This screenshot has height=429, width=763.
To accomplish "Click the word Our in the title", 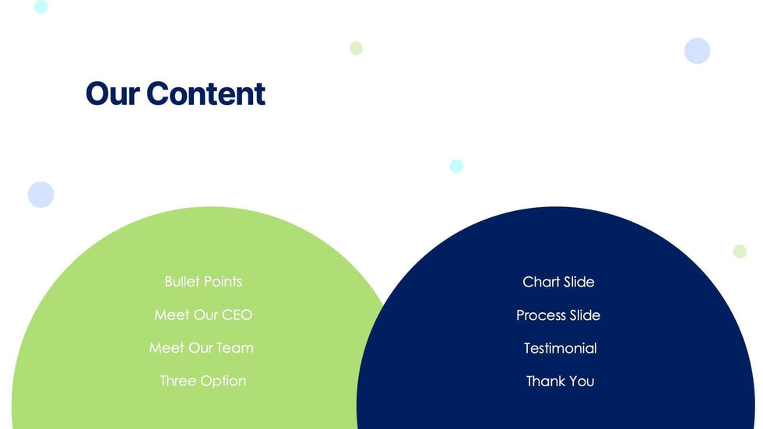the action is pos(113,93).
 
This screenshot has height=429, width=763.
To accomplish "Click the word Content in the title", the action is pos(206,93).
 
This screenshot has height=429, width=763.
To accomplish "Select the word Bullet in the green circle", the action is pos(181,282).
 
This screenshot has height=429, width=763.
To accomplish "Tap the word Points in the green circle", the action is pos(223,282).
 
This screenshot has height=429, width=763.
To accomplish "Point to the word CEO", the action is pos(237,315).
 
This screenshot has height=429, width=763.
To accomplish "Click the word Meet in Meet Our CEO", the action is pos(172,315).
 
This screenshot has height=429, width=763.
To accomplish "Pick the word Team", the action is pos(235,348).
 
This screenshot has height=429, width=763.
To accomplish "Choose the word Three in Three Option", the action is pos(178,381).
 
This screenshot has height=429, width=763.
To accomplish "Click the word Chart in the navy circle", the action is pos(540,282).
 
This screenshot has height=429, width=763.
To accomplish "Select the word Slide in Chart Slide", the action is pos(579,282).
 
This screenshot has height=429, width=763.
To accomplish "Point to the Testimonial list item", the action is pos(560,348).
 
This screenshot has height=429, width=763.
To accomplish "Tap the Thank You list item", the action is pos(560,382).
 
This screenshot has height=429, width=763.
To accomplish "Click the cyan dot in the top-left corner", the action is pos(40,7).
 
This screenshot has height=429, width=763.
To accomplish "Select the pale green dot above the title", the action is pos(357,48).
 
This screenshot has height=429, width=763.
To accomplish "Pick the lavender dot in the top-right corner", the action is pos(698,51).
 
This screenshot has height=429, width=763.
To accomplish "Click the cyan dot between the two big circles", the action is pos(456,166).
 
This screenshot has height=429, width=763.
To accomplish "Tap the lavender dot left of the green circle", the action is pos(40,195).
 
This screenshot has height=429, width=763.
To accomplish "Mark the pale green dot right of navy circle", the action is pos(740,251).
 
